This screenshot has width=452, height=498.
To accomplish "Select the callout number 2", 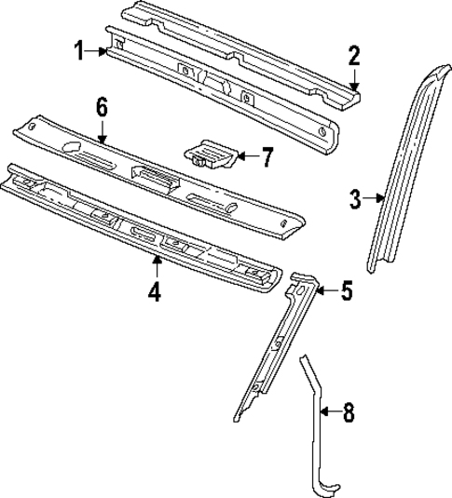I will [353, 56].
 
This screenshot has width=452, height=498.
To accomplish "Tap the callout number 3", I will [355, 197].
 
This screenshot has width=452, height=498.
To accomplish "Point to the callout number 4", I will [155, 292].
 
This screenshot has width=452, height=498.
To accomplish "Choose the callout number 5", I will [346, 292].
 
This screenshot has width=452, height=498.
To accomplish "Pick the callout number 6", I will [103, 107].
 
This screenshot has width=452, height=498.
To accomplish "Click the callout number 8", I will [348, 411].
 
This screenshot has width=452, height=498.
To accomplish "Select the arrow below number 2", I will [352, 80].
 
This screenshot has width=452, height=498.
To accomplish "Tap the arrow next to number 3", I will [376, 197].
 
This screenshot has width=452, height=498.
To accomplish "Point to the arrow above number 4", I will [155, 268].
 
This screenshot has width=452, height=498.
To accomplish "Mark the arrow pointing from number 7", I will [244, 157].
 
